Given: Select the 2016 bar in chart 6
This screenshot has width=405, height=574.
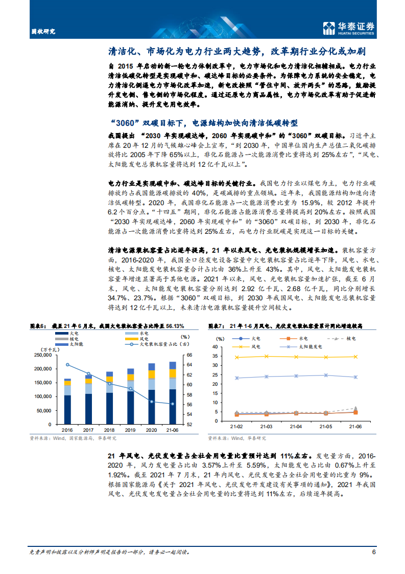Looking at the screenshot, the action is tap(67, 402).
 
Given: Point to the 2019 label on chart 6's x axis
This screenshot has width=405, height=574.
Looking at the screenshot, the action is tap(130, 431).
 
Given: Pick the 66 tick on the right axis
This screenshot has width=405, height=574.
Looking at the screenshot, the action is tap(188, 355).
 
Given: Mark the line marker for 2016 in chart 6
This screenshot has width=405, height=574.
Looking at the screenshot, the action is tap(67, 364).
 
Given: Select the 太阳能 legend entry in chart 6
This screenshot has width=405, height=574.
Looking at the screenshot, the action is tap(69, 344).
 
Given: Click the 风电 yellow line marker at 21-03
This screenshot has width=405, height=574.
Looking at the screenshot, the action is tap(266, 356).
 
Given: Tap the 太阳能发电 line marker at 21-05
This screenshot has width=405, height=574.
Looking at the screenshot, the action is tap(325, 375).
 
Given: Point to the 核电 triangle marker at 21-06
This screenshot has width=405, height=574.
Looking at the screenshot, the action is tap(355, 408).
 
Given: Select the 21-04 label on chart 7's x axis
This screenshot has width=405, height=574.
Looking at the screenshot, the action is tap(296, 427).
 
